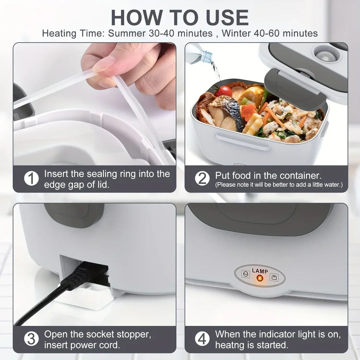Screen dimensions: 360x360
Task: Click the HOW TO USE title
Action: pyautogui.click(x=180, y=18)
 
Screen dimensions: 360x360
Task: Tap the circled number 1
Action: pyautogui.click(x=31, y=179)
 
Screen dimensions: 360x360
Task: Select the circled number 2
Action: pyautogui.click(x=202, y=179)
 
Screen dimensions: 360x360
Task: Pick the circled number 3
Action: pyautogui.click(x=31, y=339)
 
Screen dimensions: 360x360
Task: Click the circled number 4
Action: pyautogui.click(x=202, y=339)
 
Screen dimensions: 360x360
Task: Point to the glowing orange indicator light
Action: pyautogui.click(x=260, y=278)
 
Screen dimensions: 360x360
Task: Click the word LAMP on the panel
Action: pyautogui.click(x=260, y=271)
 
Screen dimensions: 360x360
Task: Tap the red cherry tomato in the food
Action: pyautogui.click(x=224, y=91)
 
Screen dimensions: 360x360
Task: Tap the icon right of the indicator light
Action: pyautogui.click(x=274, y=277)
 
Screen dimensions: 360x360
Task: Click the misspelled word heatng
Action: pyautogui.click(x=233, y=345)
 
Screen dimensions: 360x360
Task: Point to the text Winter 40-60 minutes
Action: pyautogui.click(x=270, y=34)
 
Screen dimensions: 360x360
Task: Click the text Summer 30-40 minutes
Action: pyautogui.click(x=160, y=34)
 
